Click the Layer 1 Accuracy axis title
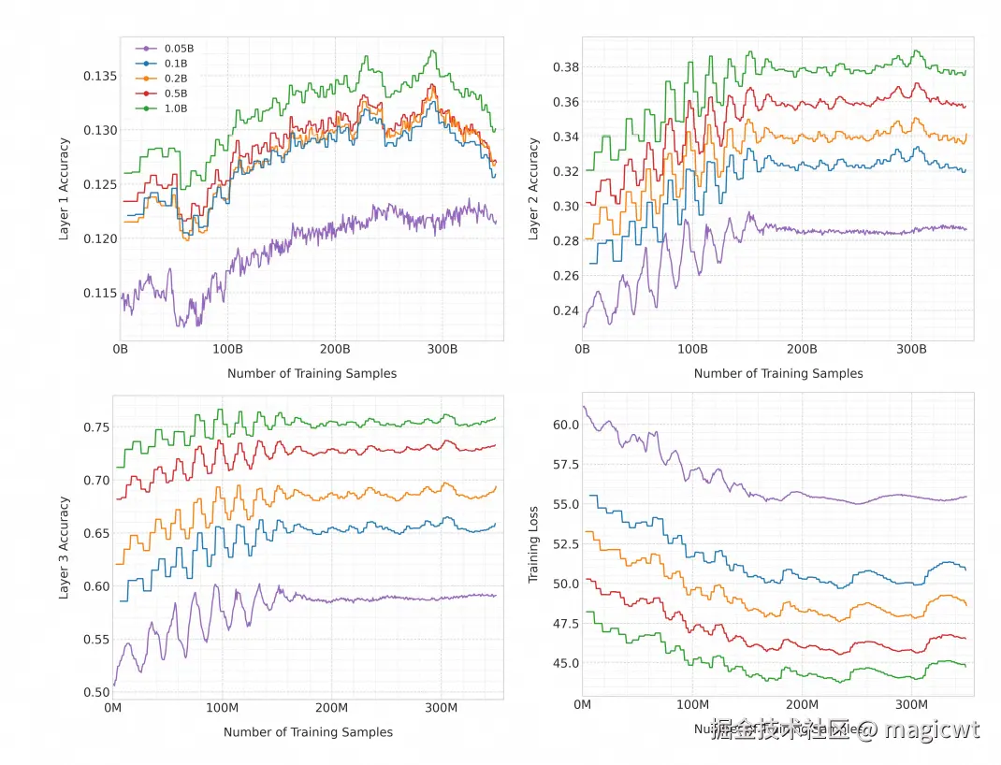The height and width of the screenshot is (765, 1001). click(65, 190)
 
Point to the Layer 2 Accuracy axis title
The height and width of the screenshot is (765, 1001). click(533, 189)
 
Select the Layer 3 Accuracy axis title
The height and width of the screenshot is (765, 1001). click(65, 546)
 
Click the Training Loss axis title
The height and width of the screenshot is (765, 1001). click(533, 546)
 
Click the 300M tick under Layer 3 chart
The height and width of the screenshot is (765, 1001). click(441, 707)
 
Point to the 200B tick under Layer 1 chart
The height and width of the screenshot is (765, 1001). click(334, 349)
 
